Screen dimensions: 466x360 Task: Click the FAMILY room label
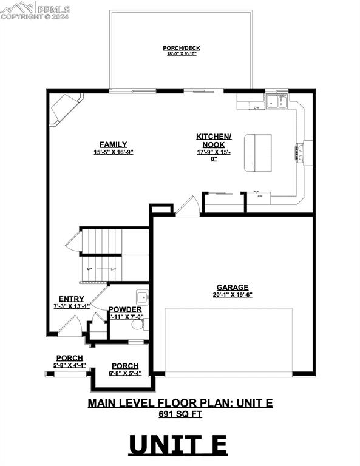(x=113, y=144)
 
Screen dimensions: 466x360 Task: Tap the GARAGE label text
(x=233, y=287)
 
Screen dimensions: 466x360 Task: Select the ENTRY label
(x=71, y=299)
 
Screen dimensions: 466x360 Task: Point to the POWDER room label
(x=125, y=309)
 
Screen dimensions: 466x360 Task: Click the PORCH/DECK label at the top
(x=182, y=48)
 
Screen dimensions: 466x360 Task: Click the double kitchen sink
(x=276, y=101)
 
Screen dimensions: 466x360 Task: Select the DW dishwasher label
(x=257, y=107)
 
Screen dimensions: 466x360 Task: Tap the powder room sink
(x=141, y=297)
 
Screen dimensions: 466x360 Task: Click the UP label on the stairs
(x=90, y=269)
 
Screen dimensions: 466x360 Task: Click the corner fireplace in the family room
(x=62, y=109)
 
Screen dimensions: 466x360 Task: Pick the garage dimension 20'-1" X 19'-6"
(x=233, y=294)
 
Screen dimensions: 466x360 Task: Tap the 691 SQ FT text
(x=181, y=414)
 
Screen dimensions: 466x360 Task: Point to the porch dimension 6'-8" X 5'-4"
(x=124, y=373)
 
